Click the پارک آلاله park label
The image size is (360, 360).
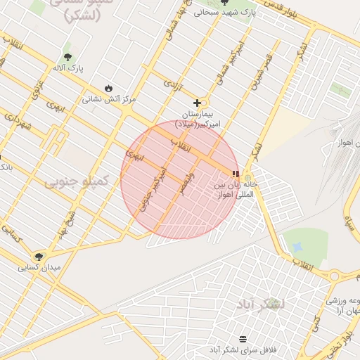coord(67,69)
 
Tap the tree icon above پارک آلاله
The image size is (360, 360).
coord(67,57)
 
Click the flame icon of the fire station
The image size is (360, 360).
coord(108,88)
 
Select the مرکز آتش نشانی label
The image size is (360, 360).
coord(109,99)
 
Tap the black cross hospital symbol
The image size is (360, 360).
coord(197,103)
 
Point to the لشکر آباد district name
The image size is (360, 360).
coord(260,303)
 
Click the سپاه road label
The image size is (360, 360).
coord(349,222)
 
